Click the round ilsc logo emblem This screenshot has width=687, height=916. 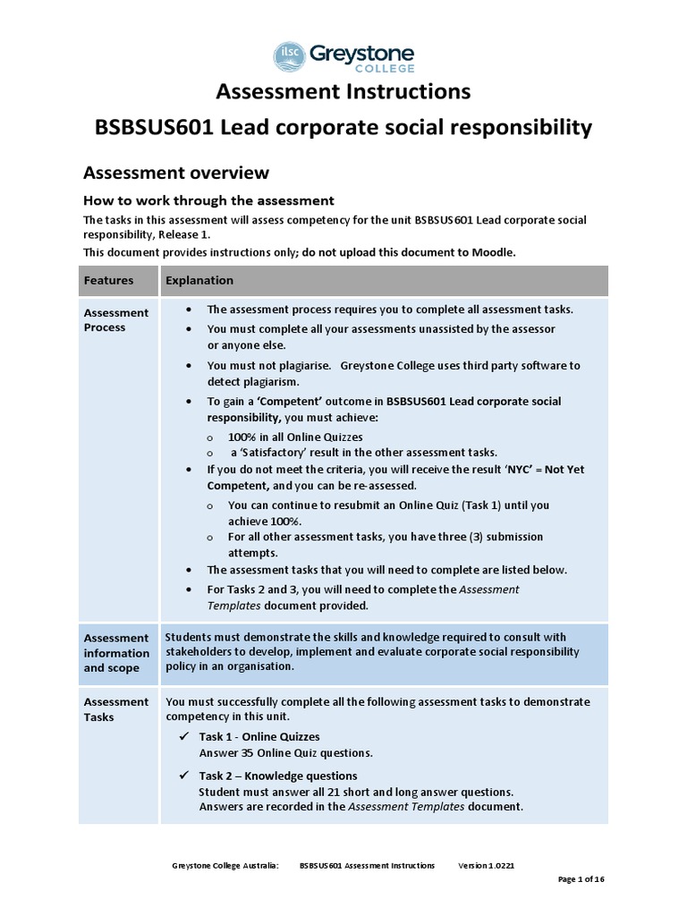(x=290, y=56)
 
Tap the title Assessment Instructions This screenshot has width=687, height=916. (x=343, y=92)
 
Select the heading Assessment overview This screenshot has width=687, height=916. (x=176, y=172)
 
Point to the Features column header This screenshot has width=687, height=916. (x=108, y=280)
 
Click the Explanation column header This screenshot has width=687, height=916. (x=199, y=280)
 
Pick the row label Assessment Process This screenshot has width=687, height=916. (x=116, y=319)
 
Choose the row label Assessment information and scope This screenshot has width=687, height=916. (x=116, y=652)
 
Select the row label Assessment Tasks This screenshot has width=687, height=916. (x=116, y=709)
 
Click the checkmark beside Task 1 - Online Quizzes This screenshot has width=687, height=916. (x=184, y=737)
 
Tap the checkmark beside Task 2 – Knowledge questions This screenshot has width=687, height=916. (x=184, y=776)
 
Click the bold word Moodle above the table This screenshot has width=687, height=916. (x=492, y=252)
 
